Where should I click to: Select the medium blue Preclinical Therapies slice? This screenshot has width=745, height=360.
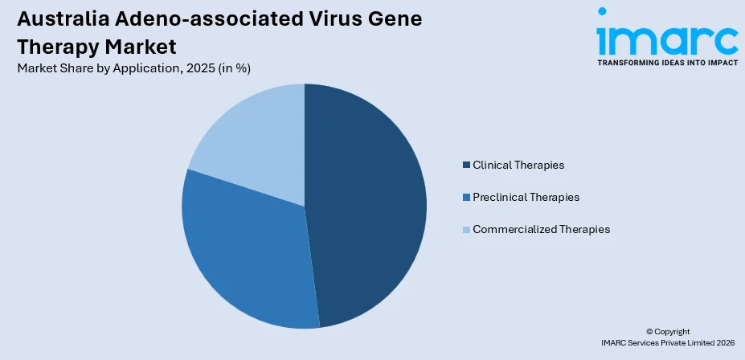[x=245, y=249]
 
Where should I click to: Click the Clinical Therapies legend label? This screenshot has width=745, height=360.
[x=518, y=165]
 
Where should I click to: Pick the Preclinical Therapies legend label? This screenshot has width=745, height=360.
[x=526, y=197]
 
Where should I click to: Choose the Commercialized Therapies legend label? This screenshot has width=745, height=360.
[x=541, y=229]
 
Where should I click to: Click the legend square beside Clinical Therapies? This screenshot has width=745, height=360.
[x=466, y=166]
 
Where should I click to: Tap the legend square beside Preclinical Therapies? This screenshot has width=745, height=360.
[x=466, y=198]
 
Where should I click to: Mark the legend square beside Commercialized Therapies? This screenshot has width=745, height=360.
[x=466, y=230]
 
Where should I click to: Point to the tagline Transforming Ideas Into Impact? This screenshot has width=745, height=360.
[x=666, y=62]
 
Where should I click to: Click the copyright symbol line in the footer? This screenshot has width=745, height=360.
[x=667, y=331]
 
